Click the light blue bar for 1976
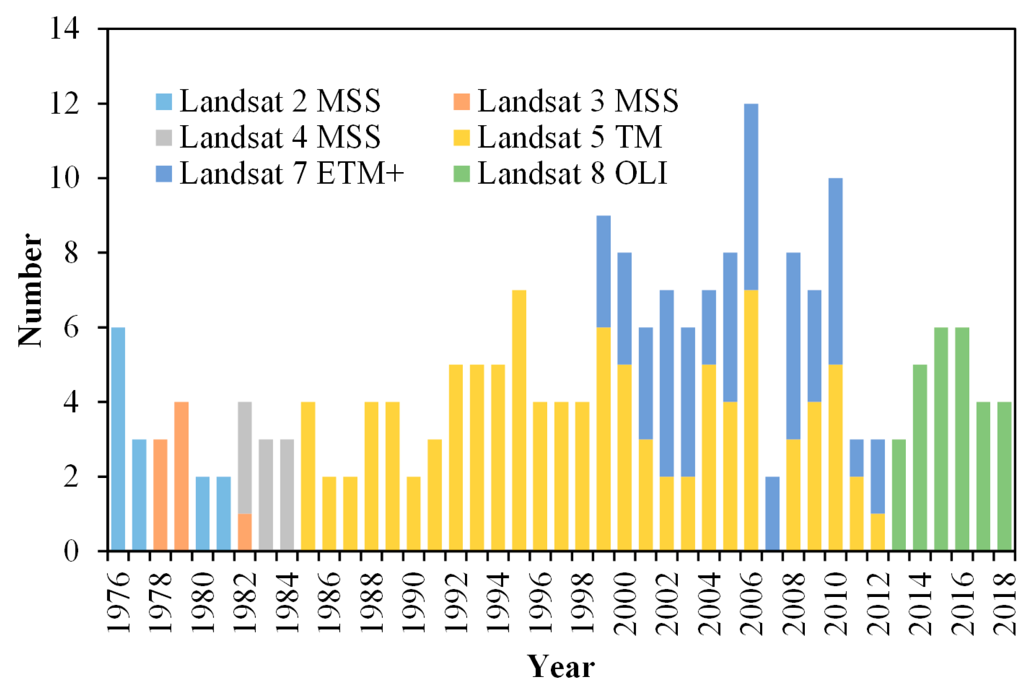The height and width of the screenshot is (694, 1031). point(118,439)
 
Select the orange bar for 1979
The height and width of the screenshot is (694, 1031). point(181,476)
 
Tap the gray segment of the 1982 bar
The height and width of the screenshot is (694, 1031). point(245,457)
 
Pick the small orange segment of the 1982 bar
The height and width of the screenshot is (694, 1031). point(245,532)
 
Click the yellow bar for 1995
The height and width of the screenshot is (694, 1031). point(519,420)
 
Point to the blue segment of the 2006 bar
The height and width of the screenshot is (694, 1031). point(751,197)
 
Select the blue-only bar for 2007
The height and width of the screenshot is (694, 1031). point(772,513)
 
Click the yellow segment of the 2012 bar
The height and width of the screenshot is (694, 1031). point(878,532)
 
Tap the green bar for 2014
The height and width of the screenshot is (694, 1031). point(920,457)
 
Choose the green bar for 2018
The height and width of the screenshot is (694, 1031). point(1004,476)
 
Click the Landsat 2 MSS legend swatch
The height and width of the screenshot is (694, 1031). point(164,102)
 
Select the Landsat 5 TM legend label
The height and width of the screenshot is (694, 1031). point(570,137)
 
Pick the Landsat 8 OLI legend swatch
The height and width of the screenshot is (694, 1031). point(461,174)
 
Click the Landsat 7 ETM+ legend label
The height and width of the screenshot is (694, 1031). point(292,173)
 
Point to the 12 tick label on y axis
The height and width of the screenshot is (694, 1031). point(65,104)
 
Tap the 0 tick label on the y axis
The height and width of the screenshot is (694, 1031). point(72,551)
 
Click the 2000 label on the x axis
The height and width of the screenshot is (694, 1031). point(625,603)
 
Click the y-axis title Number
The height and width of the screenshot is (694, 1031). point(30,290)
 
